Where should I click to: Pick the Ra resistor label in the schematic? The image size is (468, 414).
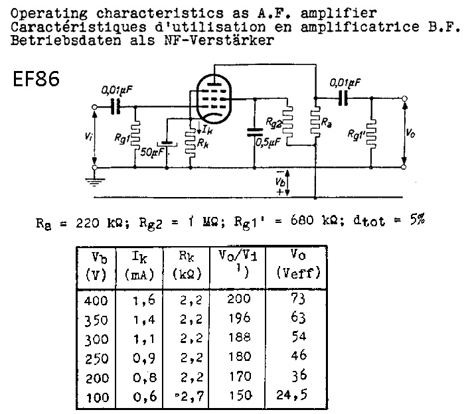pyautogui.click(x=325, y=123)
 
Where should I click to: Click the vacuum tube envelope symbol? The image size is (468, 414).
pyautogui.click(x=214, y=97)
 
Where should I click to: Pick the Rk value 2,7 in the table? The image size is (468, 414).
pyautogui.click(x=189, y=396)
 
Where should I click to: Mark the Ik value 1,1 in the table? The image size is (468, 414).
pyautogui.click(x=138, y=338)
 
